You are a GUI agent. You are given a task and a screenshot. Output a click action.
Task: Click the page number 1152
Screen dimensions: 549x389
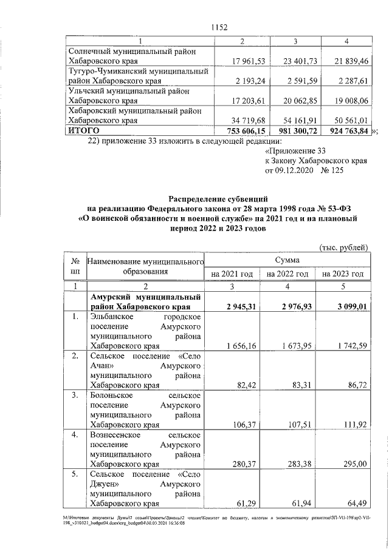click(219, 27)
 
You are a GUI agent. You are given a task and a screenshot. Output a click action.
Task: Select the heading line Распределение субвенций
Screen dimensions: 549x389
click(216, 198)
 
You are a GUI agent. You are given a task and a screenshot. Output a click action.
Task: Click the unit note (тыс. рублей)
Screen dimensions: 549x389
click(344, 247)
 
